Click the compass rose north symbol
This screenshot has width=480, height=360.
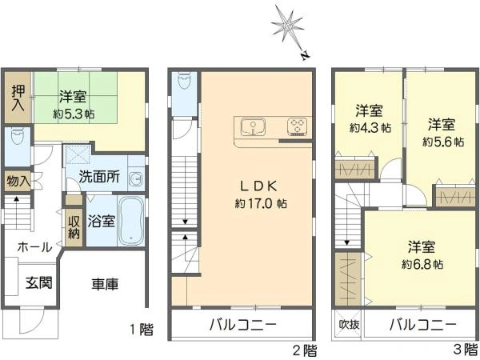pyautogui.click(x=289, y=30)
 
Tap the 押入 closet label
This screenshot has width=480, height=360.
pyautogui.click(x=18, y=98)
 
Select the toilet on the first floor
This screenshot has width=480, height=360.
pyautogui.click(x=17, y=138)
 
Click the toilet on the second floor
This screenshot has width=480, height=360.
pyautogui.click(x=184, y=80)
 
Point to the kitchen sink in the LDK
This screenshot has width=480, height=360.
pyautogui.click(x=253, y=126)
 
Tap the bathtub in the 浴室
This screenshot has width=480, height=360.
pyautogui.click(x=131, y=221)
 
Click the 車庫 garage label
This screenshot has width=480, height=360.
pyautogui.click(x=105, y=284)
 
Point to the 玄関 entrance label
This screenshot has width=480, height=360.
pyautogui.click(x=39, y=282)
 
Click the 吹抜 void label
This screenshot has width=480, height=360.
pyautogui.click(x=349, y=324)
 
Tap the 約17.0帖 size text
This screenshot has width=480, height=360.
pyautogui.click(x=261, y=203)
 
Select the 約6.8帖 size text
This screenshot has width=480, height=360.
pyautogui.click(x=422, y=264)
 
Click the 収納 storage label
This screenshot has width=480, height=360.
pyautogui.click(x=74, y=227)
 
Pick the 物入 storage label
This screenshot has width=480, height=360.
pyautogui.click(x=18, y=182)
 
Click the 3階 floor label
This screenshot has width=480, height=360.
pyautogui.click(x=466, y=350)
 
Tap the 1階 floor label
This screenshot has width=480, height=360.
pyautogui.click(x=142, y=330)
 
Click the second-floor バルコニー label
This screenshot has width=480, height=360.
pyautogui.click(x=242, y=324)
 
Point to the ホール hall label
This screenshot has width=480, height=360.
pyautogui.click(x=35, y=246)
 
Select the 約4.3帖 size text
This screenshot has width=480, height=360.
pyautogui.click(x=370, y=128)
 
